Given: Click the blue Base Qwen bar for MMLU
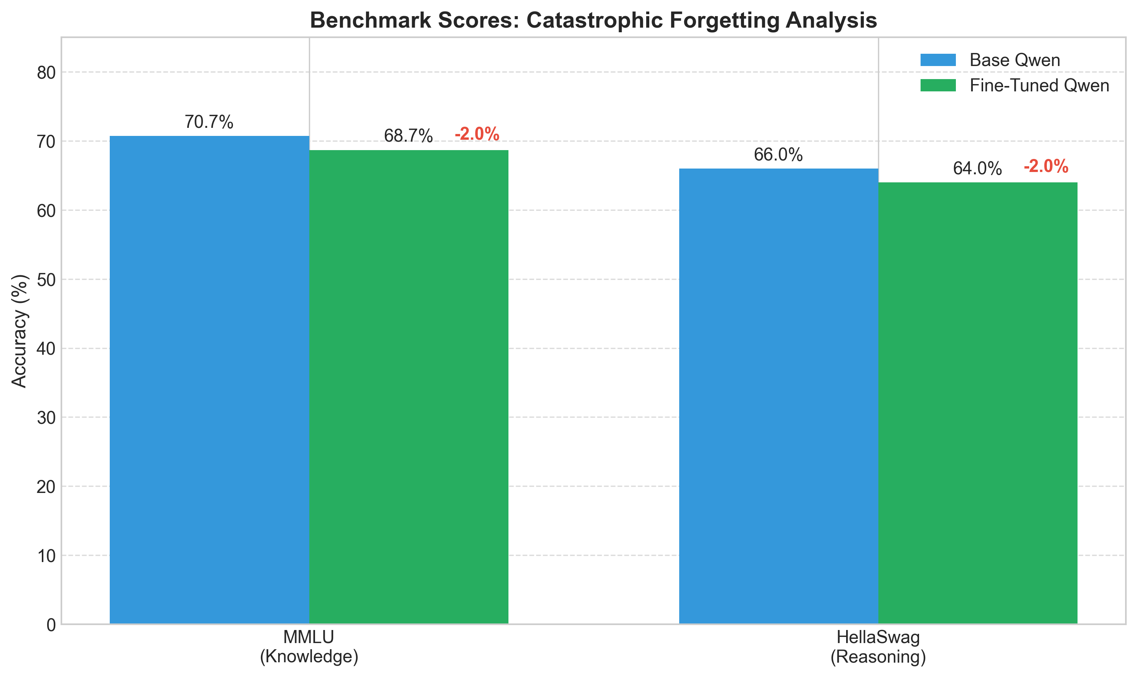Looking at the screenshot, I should click(x=209, y=379).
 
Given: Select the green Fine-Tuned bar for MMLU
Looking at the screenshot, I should click(x=409, y=387).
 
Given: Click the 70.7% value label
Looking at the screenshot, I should click(x=209, y=122).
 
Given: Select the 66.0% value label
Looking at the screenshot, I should click(x=778, y=155).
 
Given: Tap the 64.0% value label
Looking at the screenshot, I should click(x=977, y=169).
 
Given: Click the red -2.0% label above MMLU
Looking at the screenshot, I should click(x=477, y=134).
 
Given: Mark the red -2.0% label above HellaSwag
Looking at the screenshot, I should click(x=1046, y=166).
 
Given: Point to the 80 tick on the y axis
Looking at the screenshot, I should click(x=46, y=73).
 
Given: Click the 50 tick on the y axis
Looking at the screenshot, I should click(x=46, y=279).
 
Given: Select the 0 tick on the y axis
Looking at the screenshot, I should click(x=51, y=625).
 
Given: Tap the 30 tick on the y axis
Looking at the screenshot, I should click(x=46, y=418).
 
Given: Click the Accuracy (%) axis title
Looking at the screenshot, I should click(x=20, y=331).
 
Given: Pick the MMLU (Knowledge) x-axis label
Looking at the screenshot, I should click(x=309, y=647).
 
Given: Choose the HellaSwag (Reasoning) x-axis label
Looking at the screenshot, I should click(x=878, y=647).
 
